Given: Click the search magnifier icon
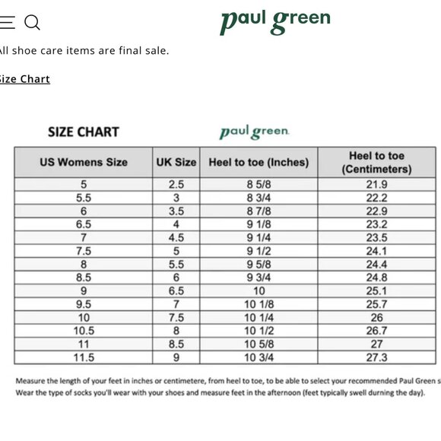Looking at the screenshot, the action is (x=32, y=23).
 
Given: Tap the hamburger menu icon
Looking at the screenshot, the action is (x=7, y=23).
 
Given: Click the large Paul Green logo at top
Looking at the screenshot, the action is (x=275, y=21).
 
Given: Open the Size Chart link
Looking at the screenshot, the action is (x=24, y=79).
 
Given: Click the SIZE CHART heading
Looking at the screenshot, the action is (x=84, y=132).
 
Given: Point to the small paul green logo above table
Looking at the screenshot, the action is (x=255, y=132).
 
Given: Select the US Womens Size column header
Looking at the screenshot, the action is (x=84, y=162).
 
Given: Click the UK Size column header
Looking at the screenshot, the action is (x=176, y=162).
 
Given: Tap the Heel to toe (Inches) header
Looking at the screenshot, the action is (x=259, y=162).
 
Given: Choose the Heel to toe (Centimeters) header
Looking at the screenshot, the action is (x=376, y=162).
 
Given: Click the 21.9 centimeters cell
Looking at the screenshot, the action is (x=376, y=185).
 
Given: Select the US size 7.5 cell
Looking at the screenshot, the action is (x=84, y=251).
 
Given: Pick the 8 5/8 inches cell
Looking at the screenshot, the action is (x=259, y=185).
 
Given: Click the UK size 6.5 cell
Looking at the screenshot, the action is (x=176, y=291).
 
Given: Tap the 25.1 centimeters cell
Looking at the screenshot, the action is (x=376, y=291).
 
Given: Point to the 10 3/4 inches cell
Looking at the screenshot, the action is (x=259, y=357).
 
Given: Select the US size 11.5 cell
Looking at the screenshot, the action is (x=84, y=357).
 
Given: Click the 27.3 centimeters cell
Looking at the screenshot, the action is (x=376, y=357).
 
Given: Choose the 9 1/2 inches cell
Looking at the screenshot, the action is (x=259, y=251).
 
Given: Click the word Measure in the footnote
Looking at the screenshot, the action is (x=30, y=380).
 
